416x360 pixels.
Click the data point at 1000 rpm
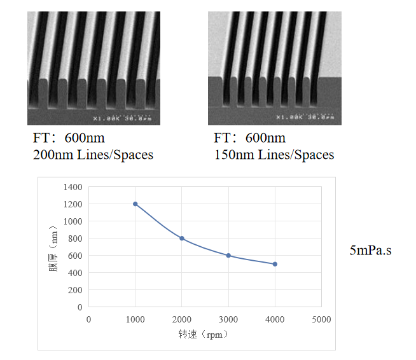click(135, 204)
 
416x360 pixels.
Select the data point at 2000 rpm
click(182, 239)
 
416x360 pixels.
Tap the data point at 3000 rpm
click(228, 256)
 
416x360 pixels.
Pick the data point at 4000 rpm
click(275, 264)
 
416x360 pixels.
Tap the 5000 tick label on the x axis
click(321, 319)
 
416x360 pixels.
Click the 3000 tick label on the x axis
click(228, 319)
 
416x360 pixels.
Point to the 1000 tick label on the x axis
click(135, 319)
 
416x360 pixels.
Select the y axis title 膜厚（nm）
click(53, 250)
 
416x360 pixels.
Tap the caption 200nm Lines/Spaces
click(93, 155)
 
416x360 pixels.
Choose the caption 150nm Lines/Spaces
click(274, 155)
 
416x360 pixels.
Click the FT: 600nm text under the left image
click(69, 138)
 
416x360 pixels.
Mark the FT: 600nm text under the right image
click(249, 138)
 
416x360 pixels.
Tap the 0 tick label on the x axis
click(89, 319)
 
